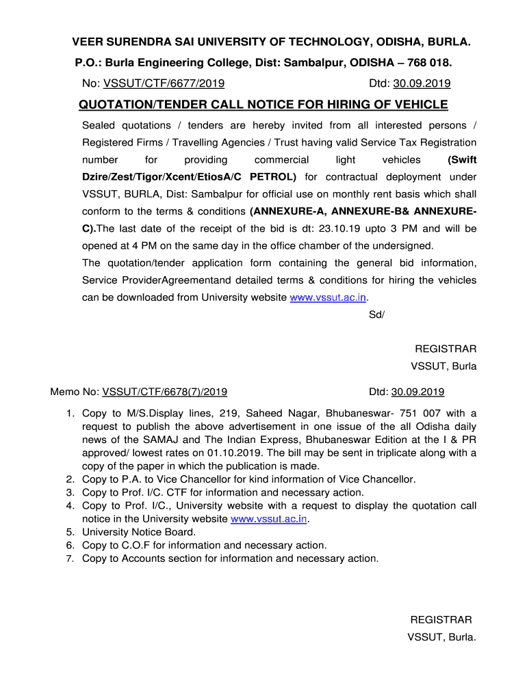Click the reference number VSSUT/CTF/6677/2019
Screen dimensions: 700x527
(164, 84)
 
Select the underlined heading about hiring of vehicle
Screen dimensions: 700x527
(263, 105)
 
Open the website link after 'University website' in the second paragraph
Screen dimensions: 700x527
(329, 297)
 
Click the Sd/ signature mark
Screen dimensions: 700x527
(376, 314)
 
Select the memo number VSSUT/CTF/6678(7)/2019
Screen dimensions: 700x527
(165, 392)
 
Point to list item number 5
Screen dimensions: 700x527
(70, 532)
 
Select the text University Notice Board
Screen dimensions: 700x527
(139, 532)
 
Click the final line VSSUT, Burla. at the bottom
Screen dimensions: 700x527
(441, 637)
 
